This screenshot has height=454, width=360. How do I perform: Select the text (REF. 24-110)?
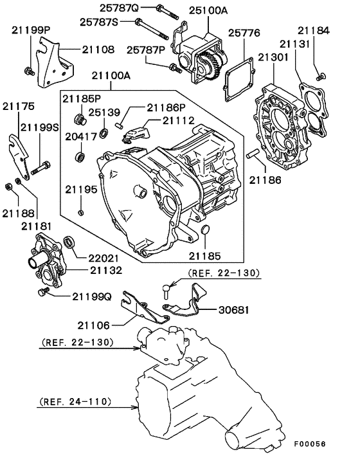(x=75, y=402)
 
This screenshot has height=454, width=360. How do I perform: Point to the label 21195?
(x=81, y=190)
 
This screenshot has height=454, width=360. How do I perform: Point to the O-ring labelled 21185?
(x=204, y=231)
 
